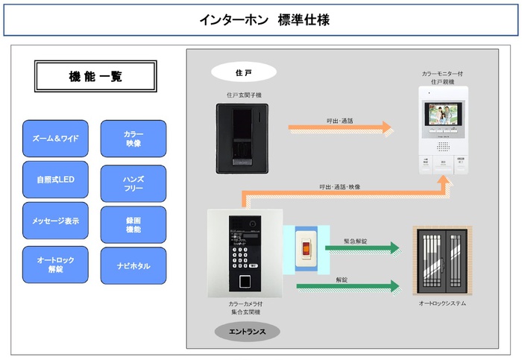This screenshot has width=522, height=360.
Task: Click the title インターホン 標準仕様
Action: tap(260, 20)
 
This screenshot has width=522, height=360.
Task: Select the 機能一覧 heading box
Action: tap(95, 76)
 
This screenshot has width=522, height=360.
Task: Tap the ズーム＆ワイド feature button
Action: tap(55, 139)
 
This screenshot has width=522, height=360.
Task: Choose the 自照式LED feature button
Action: tap(55, 180)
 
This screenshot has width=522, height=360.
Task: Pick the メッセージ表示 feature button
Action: tap(55, 221)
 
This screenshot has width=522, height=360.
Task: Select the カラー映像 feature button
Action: tap(133, 139)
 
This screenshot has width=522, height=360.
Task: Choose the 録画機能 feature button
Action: tap(133, 224)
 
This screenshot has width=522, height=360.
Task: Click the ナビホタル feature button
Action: tap(133, 265)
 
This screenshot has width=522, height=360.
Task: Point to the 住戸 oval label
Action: tap(244, 72)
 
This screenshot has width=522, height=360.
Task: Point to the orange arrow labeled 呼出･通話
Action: tap(340, 127)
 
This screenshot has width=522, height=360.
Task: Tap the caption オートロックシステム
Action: tap(442, 304)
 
